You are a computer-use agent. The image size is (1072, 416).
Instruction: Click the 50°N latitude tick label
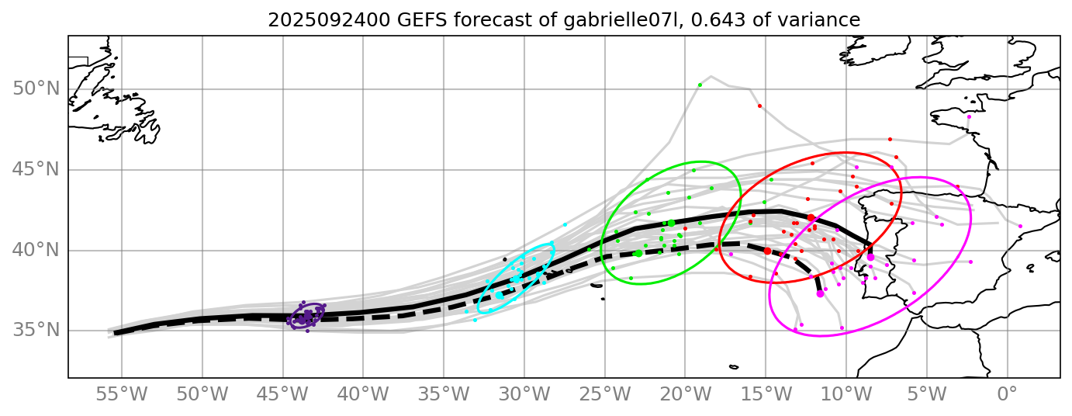[36, 89]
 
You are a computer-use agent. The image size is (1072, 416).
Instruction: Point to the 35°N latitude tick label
[36, 331]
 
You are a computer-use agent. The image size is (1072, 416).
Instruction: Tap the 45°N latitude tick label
[36, 170]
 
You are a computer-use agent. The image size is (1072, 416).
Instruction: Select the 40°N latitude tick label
[36, 251]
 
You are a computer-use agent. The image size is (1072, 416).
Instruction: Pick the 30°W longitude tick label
[524, 394]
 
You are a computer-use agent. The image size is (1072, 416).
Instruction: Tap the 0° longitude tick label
[1007, 394]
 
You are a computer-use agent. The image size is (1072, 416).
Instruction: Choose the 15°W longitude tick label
[766, 394]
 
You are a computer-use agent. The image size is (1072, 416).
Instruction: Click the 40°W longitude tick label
[363, 394]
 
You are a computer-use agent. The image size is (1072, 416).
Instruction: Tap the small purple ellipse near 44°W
[306, 316]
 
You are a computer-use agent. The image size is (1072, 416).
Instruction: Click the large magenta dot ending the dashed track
[820, 293]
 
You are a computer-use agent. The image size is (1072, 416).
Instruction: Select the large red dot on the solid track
[811, 218]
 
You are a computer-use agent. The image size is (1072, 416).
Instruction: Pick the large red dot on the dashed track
[767, 251]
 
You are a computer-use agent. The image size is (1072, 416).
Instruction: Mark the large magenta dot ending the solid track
[870, 257]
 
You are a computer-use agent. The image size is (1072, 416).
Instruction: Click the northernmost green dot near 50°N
[700, 85]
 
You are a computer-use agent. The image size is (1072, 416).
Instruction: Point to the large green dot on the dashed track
[638, 253]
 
